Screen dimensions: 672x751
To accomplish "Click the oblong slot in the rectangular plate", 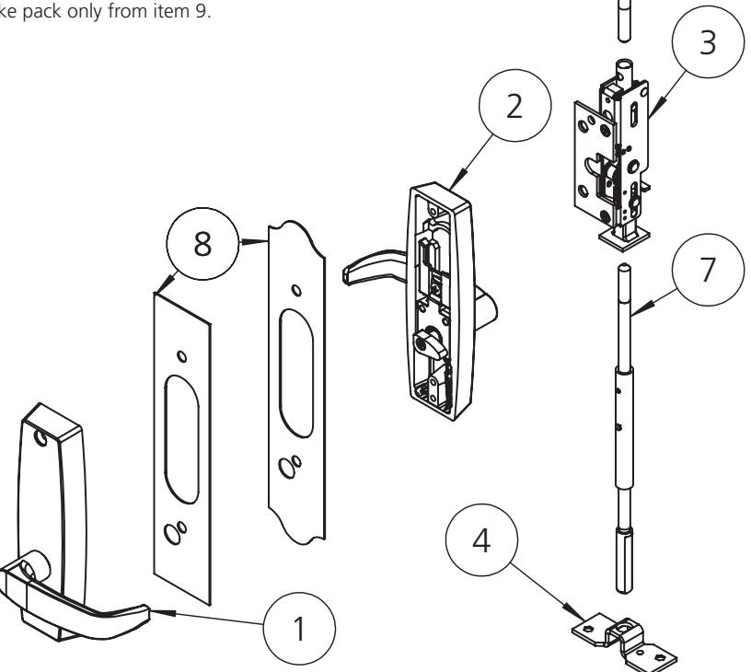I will click(179, 428).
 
